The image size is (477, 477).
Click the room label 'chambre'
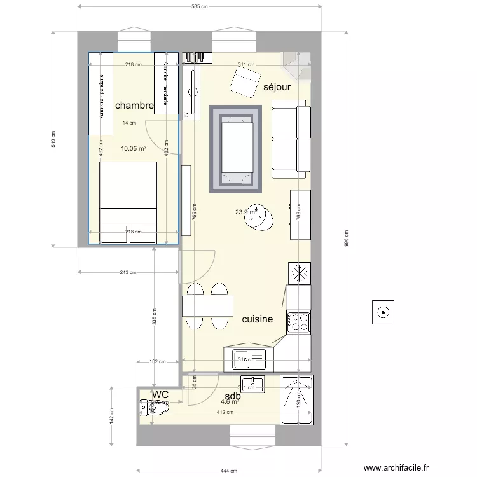(134, 106)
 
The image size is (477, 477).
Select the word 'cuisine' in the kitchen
(258, 319)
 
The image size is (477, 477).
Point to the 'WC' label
(160, 395)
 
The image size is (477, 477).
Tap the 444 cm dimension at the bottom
(229, 471)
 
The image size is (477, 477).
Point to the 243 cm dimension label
(128, 272)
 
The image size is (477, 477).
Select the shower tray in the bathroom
(297, 399)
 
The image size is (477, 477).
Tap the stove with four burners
(299, 322)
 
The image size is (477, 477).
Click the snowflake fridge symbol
(299, 273)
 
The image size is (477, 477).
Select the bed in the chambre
(128, 202)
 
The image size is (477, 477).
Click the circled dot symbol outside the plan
(383, 312)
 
